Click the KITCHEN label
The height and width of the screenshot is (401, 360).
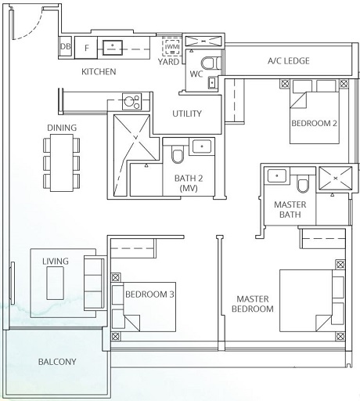pyautogui.click(x=99, y=72)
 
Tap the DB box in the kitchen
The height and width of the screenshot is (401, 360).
pyautogui.click(x=66, y=47)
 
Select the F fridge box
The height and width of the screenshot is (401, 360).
pyautogui.click(x=86, y=47)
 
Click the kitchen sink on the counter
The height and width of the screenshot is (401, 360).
pyautogui.click(x=114, y=47)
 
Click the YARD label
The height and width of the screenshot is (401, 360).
pyautogui.click(x=169, y=60)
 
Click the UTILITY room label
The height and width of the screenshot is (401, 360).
pyautogui.click(x=187, y=114)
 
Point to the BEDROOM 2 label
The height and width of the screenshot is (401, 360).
pyautogui.click(x=315, y=124)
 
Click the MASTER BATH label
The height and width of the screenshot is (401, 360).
pyautogui.click(x=289, y=210)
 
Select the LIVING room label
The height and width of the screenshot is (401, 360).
pyautogui.click(x=56, y=261)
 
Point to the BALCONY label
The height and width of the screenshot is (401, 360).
pyautogui.click(x=57, y=361)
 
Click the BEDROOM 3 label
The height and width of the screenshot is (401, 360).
pyautogui.click(x=149, y=294)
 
